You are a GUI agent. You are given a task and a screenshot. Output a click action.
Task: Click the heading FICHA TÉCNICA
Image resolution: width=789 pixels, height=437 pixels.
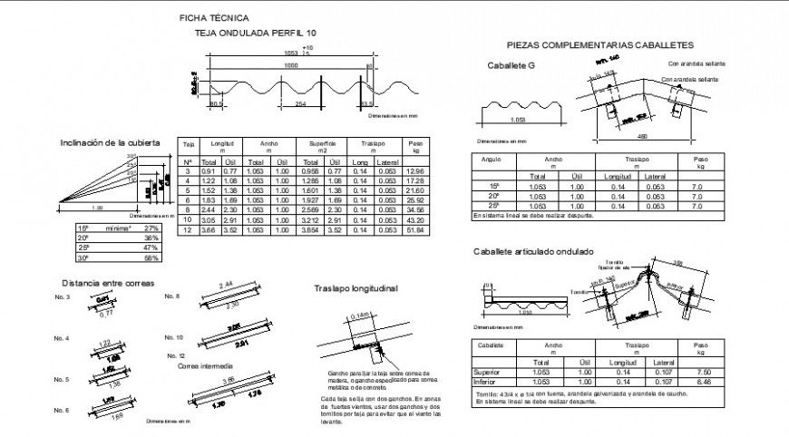(x=213, y=17)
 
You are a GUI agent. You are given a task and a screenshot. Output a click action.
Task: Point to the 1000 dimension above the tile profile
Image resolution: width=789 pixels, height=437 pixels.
(x=290, y=66)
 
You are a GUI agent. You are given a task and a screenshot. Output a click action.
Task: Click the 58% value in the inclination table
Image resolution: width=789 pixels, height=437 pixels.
(x=151, y=257)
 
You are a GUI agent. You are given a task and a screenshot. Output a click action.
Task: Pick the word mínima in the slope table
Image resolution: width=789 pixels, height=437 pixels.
(x=113, y=228)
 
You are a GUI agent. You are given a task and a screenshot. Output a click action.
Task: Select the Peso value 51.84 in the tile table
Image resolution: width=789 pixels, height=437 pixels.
(x=415, y=231)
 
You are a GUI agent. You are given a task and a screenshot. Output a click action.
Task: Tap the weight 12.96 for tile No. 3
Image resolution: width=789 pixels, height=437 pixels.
(x=415, y=170)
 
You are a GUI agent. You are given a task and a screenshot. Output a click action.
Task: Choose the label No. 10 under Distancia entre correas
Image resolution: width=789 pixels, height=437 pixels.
(x=173, y=336)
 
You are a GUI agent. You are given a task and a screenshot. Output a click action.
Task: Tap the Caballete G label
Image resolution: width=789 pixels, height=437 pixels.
(x=511, y=66)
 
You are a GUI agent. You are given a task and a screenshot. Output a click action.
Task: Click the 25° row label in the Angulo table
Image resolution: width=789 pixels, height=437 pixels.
(x=493, y=206)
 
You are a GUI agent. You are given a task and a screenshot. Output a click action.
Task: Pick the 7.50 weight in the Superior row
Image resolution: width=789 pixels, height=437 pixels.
(x=699, y=372)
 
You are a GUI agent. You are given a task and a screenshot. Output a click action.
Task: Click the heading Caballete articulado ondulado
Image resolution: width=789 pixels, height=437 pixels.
(x=532, y=251)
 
